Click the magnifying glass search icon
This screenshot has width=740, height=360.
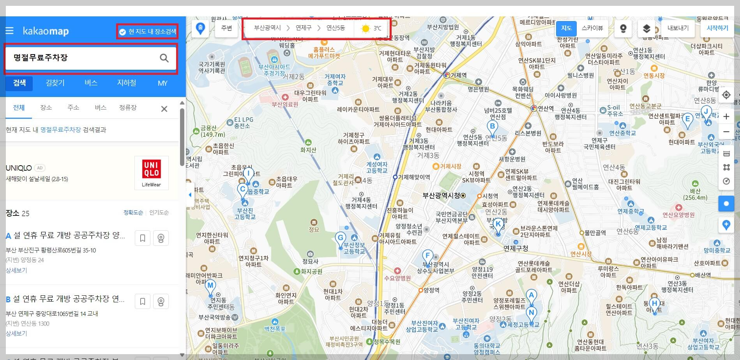[164, 58]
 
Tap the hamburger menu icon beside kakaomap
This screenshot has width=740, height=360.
[9, 31]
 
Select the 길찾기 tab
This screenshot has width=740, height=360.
[55, 83]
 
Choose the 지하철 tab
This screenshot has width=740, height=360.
[127, 83]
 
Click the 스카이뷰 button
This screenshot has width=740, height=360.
[592, 28]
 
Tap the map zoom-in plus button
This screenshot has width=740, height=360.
[726, 116]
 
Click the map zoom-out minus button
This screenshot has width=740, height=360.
[726, 132]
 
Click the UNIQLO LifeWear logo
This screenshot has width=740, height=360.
[151, 173]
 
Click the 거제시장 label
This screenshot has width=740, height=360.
[450, 166]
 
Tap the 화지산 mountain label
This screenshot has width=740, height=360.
[308, 150]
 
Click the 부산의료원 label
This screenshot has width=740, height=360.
[285, 104]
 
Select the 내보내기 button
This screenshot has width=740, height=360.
[678, 28]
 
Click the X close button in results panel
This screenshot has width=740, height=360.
[164, 109]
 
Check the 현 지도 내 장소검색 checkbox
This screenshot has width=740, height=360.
[122, 32]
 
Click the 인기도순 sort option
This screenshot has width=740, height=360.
[159, 213]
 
